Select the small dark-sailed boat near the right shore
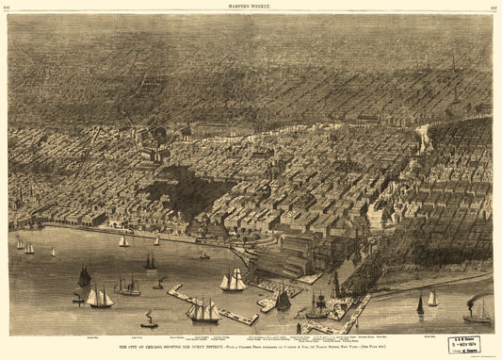point(420,305)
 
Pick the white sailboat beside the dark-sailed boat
point(432,299)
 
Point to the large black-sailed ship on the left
point(84,276)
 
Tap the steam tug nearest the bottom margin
point(149,321)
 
